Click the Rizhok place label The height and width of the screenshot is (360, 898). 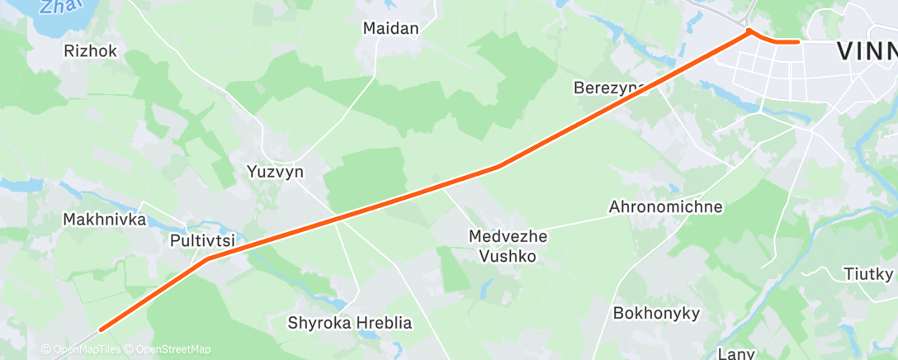(x=90, y=51)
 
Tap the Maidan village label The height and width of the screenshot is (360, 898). (x=391, y=28)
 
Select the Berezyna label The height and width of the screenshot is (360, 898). (x=609, y=88)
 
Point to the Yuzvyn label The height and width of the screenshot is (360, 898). (x=275, y=173)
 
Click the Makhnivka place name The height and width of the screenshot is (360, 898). (x=104, y=220)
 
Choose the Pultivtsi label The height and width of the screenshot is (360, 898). (x=202, y=241)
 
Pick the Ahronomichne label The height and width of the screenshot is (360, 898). (x=665, y=206)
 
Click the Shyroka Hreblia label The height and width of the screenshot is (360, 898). (x=350, y=323)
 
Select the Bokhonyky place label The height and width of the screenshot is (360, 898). (x=656, y=313)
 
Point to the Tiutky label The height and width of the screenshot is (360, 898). (x=869, y=273)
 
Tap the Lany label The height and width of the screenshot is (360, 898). (x=736, y=353)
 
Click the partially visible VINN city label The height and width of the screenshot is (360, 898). (x=866, y=51)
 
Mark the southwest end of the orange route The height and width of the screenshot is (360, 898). (x=102, y=329)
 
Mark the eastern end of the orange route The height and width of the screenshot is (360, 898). (x=798, y=40)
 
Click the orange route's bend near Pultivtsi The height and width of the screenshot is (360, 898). (x=207, y=258)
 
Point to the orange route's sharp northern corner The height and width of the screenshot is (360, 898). (x=749, y=31)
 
